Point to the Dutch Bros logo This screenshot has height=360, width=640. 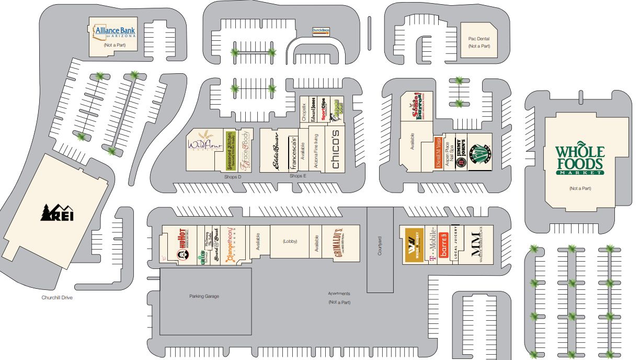point(321,31)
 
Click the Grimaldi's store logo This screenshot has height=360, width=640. point(339,242)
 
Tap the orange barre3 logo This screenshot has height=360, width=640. point(444,245)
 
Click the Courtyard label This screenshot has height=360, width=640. point(380,246)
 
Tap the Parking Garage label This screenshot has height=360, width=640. point(204,296)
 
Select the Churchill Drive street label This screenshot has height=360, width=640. point(56,298)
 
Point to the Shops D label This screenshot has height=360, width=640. point(232,177)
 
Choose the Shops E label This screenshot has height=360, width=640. point(298,176)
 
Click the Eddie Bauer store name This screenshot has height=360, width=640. point(274,151)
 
